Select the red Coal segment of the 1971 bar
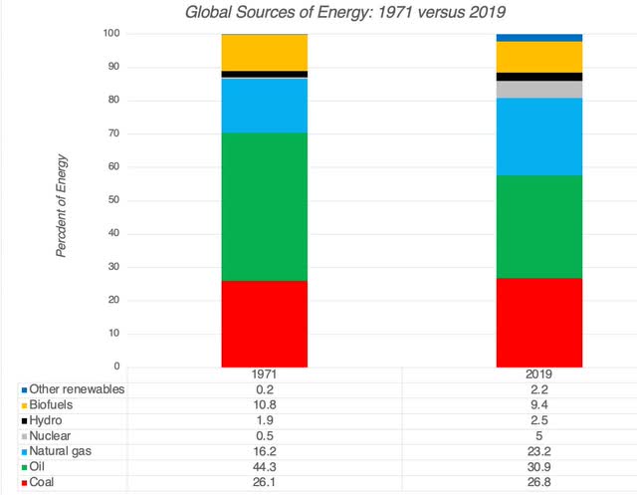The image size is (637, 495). pyautogui.click(x=264, y=324)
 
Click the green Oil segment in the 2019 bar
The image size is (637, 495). pyautogui.click(x=539, y=226)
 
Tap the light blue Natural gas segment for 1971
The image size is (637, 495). pyautogui.click(x=264, y=105)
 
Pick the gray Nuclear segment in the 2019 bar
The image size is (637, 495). pyautogui.click(x=539, y=90)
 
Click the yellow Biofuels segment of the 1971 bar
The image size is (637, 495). pyautogui.click(x=264, y=52)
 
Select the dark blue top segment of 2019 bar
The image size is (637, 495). pyautogui.click(x=539, y=37)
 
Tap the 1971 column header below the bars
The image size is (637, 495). pyautogui.click(x=264, y=374)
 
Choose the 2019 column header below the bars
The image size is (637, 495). pyautogui.click(x=539, y=374)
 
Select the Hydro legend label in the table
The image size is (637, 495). pyautogui.click(x=47, y=422)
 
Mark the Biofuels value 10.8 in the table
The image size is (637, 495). pyautogui.click(x=264, y=406)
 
